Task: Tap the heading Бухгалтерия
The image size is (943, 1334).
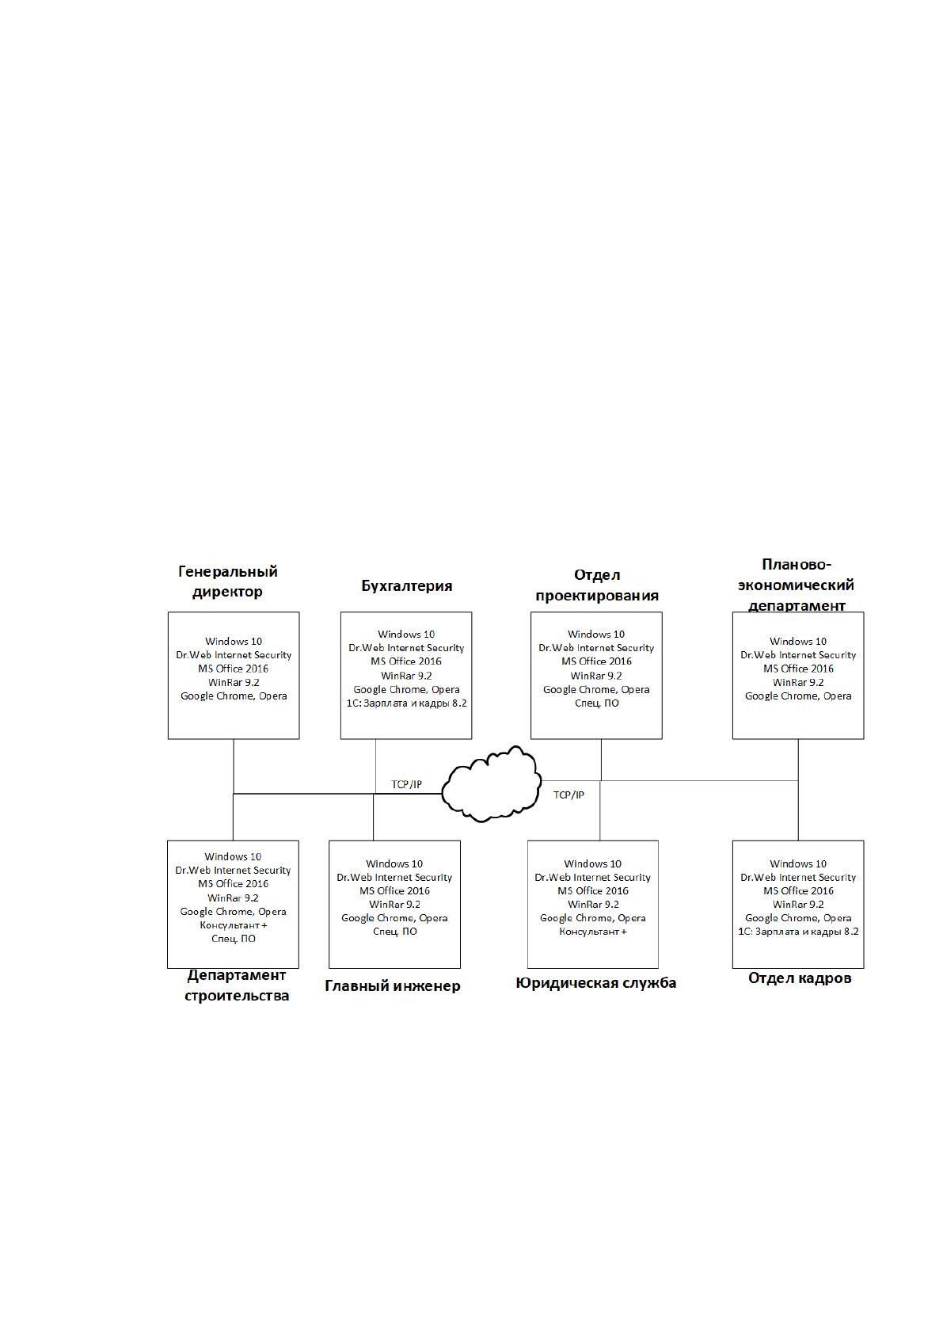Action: tap(407, 586)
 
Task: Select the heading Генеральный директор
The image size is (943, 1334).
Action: tap(228, 581)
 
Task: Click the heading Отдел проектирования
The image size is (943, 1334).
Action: tap(596, 585)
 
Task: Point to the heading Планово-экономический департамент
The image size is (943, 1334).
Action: tap(797, 585)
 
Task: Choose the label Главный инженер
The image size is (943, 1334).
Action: tap(393, 985)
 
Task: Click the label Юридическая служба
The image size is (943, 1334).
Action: tap(596, 982)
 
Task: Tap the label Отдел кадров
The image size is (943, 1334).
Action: tap(800, 978)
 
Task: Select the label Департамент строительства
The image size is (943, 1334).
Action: tap(237, 985)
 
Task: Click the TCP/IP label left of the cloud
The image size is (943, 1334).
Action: tap(407, 784)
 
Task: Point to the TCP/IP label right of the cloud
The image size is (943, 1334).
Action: tap(568, 795)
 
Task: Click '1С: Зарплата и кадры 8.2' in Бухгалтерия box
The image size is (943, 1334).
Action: tap(407, 703)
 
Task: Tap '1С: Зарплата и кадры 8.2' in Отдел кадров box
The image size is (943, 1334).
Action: tap(798, 932)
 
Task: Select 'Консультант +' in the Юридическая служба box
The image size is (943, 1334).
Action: tap(593, 932)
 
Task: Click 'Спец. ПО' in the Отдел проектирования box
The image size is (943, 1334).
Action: tap(596, 703)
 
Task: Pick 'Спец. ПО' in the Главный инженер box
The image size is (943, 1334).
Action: tap(395, 932)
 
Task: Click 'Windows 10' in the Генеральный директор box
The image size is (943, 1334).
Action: tap(234, 642)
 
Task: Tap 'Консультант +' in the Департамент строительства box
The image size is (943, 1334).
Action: tap(234, 925)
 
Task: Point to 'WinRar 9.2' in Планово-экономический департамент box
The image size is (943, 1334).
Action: tap(798, 683)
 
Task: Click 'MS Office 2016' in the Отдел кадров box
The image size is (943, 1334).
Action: tap(798, 891)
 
